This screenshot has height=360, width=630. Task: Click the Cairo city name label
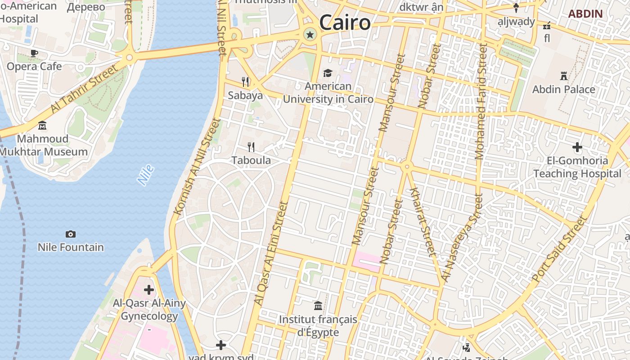(x=345, y=22)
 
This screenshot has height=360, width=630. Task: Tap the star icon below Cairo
(x=310, y=35)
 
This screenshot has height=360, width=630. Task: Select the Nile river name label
(x=146, y=175)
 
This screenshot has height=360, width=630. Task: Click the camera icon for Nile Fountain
(x=71, y=234)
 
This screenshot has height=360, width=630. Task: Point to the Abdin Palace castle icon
(x=563, y=76)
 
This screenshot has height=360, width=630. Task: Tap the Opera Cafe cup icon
(x=34, y=54)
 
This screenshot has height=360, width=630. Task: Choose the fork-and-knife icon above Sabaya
(x=245, y=81)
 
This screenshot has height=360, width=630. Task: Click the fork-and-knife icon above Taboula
(x=251, y=147)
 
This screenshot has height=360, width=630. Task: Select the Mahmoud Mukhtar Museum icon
(x=42, y=125)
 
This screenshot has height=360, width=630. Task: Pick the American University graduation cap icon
(x=328, y=73)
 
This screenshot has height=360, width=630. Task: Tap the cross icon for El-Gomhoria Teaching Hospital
(x=577, y=147)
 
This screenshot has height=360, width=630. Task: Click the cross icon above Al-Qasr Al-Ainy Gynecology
(x=149, y=290)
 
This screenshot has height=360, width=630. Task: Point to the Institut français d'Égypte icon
(x=318, y=306)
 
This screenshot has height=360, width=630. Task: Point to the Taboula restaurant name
(x=251, y=160)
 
